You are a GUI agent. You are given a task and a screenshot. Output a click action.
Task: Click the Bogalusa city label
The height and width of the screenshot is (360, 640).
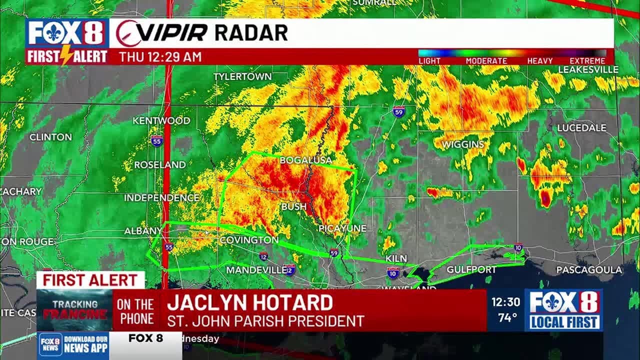tap(305, 160)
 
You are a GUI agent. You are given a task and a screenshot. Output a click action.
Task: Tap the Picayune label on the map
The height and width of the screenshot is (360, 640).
tap(342, 228)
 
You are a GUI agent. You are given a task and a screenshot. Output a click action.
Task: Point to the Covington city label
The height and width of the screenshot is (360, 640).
tap(249, 240)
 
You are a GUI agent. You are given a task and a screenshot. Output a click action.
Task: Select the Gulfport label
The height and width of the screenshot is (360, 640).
tap(471, 269)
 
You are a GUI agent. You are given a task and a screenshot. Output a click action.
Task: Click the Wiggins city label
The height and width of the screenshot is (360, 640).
tap(463, 144)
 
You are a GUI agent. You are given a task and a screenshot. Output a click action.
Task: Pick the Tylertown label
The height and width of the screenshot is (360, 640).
tap(242, 76)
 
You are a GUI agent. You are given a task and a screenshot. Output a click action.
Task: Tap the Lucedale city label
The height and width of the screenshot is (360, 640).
tap(581, 128)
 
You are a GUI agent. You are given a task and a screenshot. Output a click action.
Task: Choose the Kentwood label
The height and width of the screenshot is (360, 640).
tap(161, 120)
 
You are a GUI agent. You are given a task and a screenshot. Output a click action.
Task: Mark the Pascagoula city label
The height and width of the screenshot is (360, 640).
tap(589, 270)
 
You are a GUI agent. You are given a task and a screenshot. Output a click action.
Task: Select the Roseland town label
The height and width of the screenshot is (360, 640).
tap(159, 164)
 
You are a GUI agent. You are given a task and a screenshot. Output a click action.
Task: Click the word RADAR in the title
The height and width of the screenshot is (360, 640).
tap(251, 33)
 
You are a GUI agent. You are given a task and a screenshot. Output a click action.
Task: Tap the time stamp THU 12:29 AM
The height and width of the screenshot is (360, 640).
tap(160, 57)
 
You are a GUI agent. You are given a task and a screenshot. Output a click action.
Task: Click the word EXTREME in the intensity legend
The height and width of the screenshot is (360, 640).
tap(587, 61)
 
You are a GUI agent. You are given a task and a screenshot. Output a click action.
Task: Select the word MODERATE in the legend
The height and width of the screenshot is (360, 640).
tap(486, 61)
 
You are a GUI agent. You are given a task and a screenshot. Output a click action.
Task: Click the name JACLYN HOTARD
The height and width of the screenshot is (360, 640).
tap(249, 302)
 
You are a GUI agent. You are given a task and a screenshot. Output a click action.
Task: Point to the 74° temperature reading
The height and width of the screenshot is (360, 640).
tap(507, 317)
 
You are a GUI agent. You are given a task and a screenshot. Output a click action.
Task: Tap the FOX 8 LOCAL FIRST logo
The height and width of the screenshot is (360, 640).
tap(563, 309)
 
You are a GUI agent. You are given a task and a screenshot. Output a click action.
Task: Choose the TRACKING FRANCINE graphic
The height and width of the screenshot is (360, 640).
tap(75, 309)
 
